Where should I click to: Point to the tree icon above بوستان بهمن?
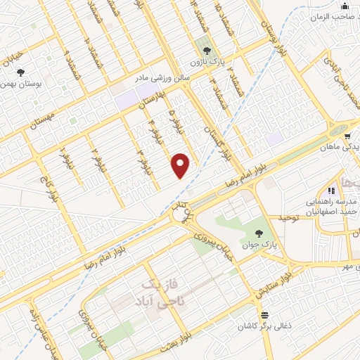tap(20, 72)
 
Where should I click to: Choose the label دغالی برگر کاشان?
tap(264, 326)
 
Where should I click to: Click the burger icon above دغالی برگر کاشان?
tap(264, 315)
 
